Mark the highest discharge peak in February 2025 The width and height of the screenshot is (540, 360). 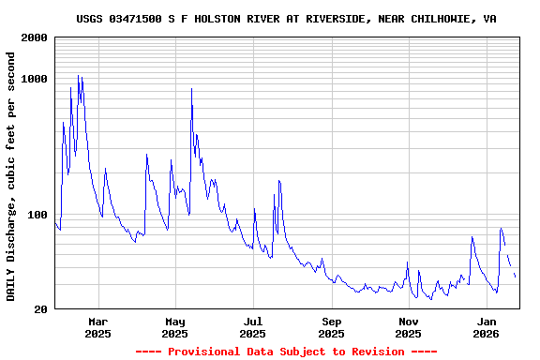coord(78,76)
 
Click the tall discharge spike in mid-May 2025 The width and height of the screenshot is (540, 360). coord(191,89)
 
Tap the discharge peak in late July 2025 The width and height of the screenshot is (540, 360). coord(278,181)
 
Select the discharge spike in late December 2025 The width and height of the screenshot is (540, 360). coord(472,237)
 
